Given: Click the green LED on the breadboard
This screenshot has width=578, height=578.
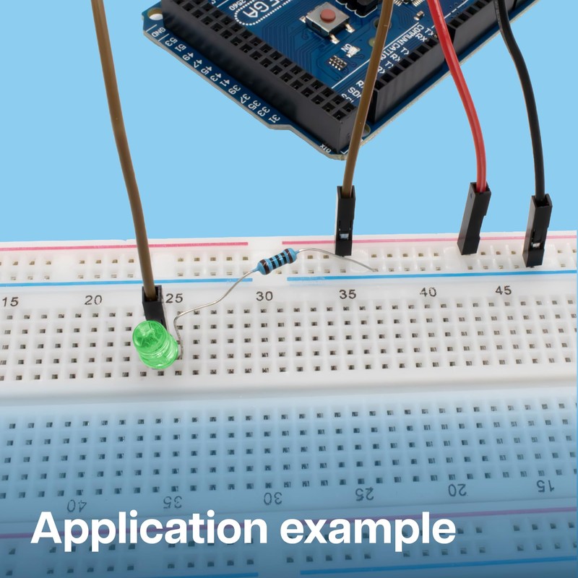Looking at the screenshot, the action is [x=155, y=345].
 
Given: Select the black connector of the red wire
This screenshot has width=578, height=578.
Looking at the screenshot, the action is [x=474, y=217].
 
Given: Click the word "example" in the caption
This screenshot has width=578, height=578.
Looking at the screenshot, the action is [x=368, y=530].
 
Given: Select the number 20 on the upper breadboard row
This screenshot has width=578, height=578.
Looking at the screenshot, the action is [x=92, y=299].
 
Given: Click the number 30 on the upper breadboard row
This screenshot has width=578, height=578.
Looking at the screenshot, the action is [x=265, y=296].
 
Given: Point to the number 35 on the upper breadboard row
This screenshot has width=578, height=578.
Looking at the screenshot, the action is [x=348, y=294].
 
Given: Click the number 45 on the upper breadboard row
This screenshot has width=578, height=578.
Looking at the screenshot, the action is [x=504, y=290].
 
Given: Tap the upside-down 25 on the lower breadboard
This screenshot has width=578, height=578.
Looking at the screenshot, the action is [x=366, y=494].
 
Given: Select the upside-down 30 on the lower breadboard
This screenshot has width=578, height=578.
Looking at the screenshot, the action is [x=272, y=498].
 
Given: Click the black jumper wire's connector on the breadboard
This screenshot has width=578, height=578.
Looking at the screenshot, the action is [x=537, y=229].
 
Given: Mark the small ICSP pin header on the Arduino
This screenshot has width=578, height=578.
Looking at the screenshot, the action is [x=336, y=63].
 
